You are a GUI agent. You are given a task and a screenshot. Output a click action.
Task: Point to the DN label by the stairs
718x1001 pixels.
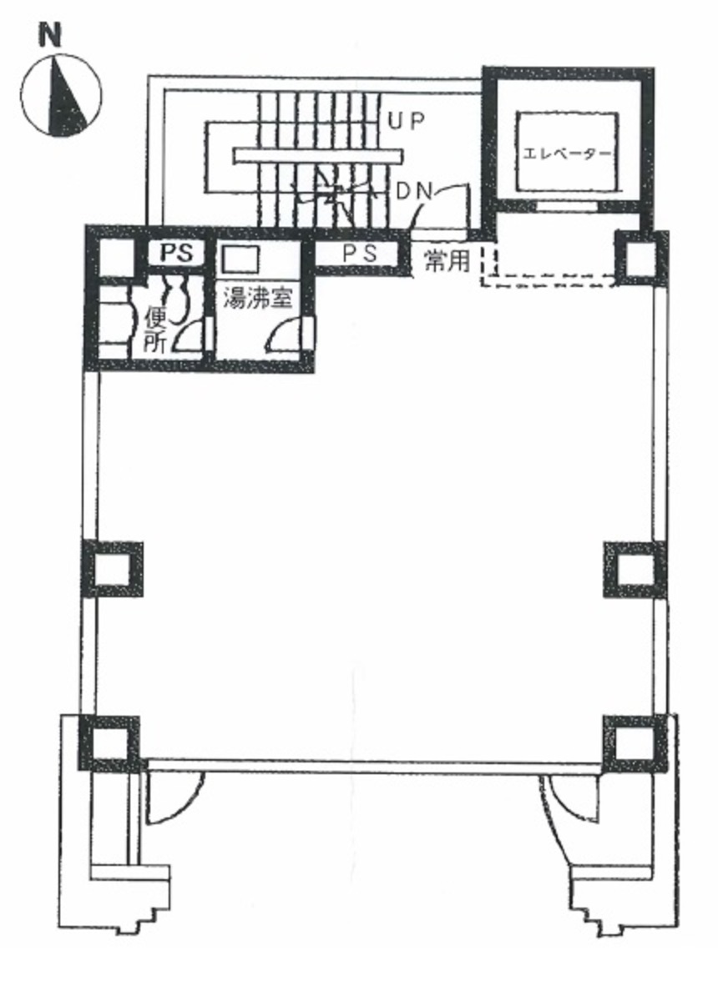point(415,191)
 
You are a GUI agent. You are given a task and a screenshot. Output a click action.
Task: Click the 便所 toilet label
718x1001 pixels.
point(156,330)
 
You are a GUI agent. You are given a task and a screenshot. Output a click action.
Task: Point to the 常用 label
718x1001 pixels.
point(447,260)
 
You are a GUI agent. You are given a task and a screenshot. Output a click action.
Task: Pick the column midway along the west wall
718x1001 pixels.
point(112,570)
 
